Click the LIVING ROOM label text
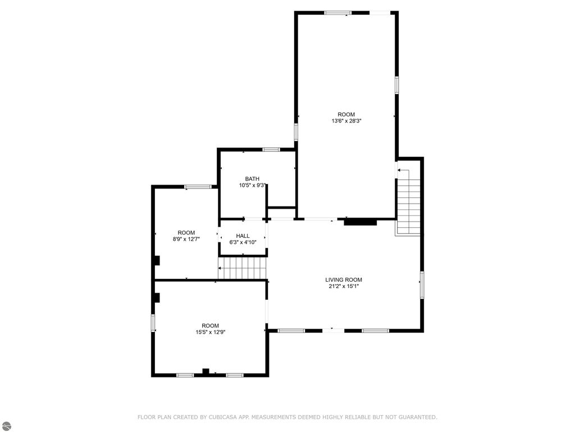344,280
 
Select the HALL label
243,236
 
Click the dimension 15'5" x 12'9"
211,332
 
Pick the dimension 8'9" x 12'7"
186,239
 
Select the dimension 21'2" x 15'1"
344,286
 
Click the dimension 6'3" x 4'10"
243,242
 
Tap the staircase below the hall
242,268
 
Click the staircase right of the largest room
408,206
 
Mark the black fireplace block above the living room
360,222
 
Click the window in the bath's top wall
271,150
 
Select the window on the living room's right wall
422,283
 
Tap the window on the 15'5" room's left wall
153,323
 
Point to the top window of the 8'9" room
194,187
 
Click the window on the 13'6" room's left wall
296,132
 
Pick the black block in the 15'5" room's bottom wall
206,371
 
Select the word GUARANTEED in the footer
415,417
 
